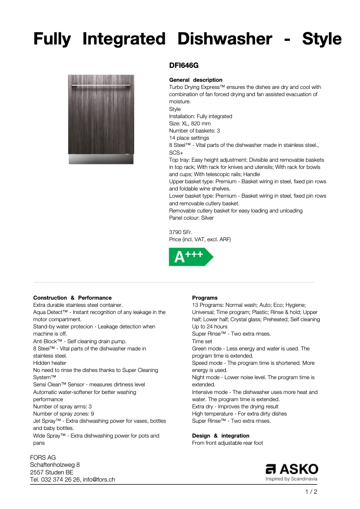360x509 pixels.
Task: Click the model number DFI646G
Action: (x=184, y=66)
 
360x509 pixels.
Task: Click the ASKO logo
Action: (x=292, y=469)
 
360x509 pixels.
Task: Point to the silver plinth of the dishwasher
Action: (x=101, y=159)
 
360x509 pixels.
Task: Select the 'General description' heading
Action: (x=195, y=80)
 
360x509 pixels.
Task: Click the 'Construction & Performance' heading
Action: (x=72, y=298)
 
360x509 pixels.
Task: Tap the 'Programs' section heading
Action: (x=205, y=298)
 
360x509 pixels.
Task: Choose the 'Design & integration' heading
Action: (x=220, y=436)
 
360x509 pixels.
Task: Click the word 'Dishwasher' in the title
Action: (x=224, y=39)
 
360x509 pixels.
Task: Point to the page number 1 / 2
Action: (x=311, y=492)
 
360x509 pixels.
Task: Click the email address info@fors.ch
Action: (x=99, y=480)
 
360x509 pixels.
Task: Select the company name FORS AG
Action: (x=43, y=458)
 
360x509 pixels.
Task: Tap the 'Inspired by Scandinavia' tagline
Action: (x=292, y=479)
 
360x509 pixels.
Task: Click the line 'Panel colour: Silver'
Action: (x=191, y=218)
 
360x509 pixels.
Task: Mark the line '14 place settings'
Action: (x=189, y=138)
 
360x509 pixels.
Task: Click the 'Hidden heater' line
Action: (x=49, y=363)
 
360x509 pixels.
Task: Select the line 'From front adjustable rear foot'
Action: (x=228, y=443)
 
